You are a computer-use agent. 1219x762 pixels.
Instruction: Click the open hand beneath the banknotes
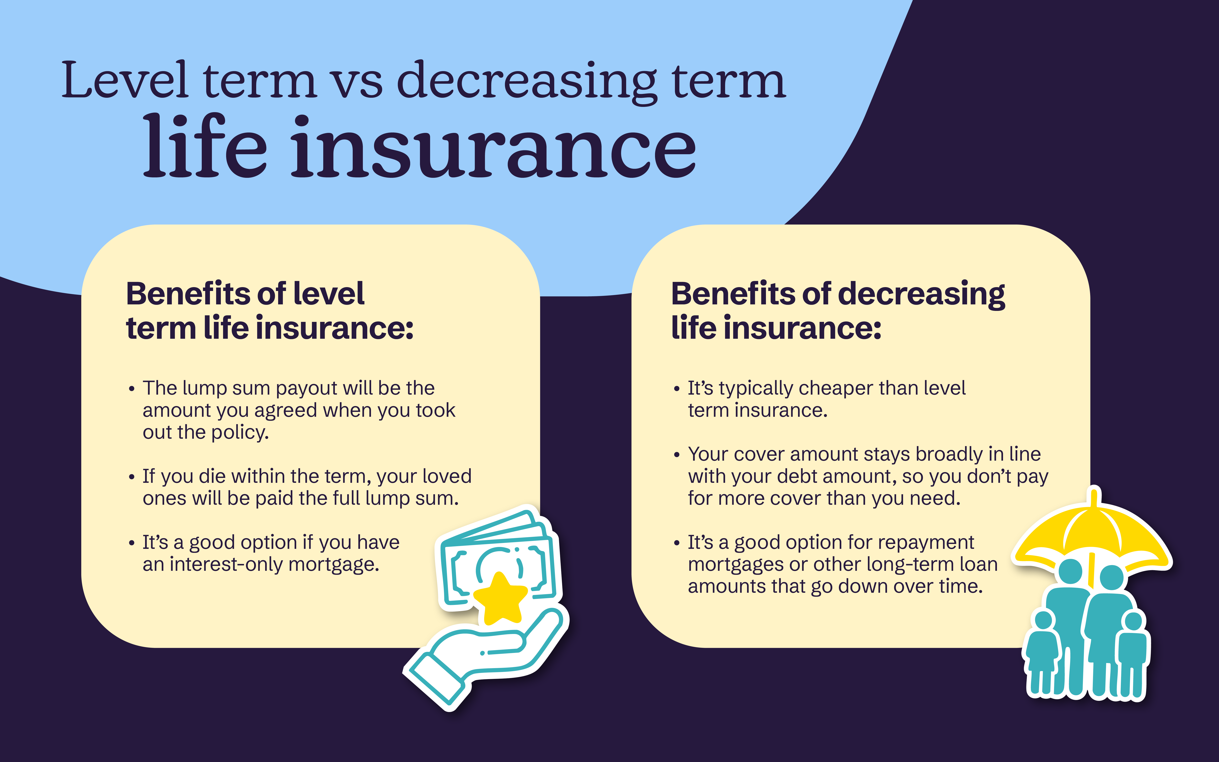[484, 655]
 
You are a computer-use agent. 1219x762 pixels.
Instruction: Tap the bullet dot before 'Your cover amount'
[677, 455]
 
